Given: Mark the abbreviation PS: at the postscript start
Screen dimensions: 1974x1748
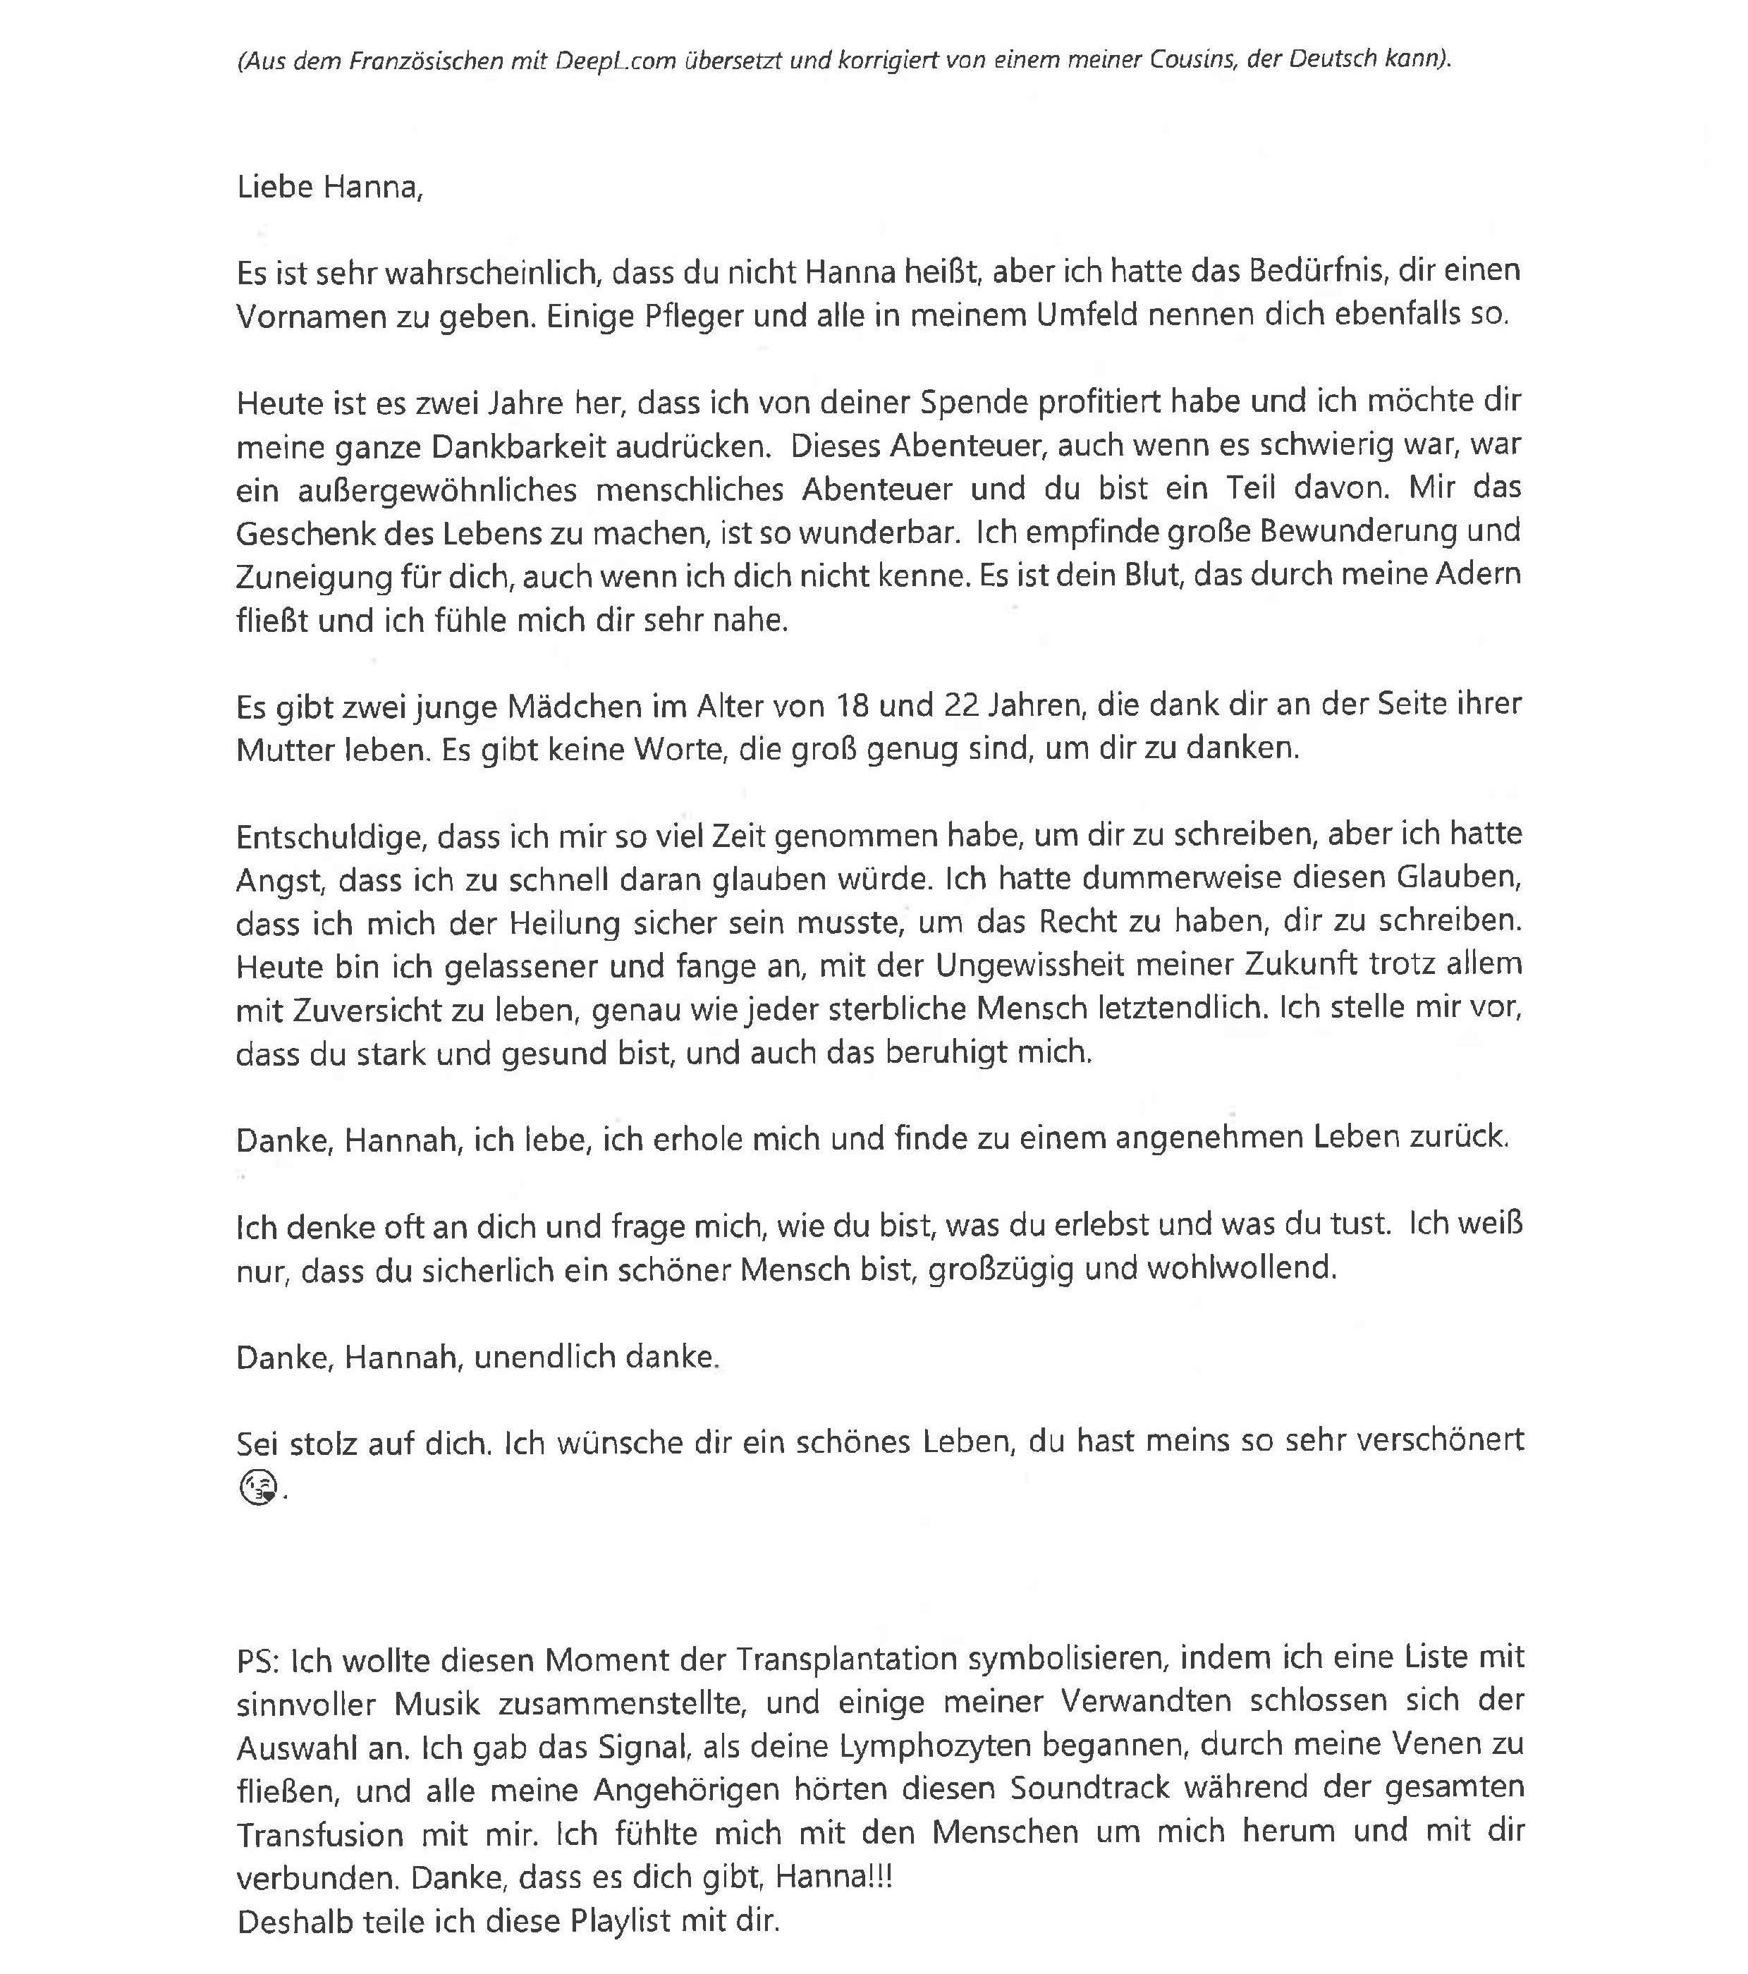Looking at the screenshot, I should [x=259, y=1659].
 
